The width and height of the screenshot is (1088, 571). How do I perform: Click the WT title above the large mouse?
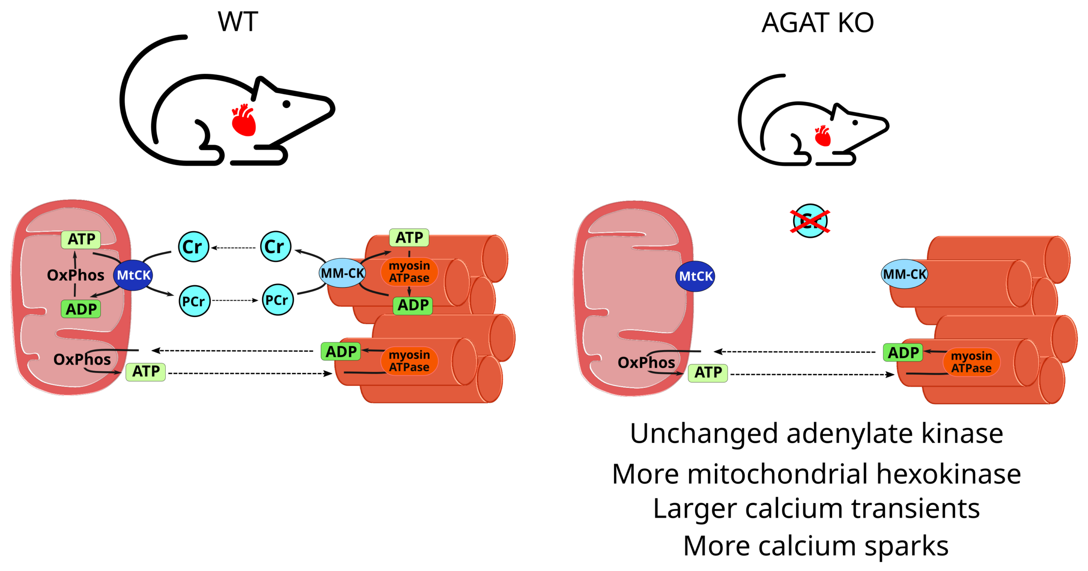pos(238,22)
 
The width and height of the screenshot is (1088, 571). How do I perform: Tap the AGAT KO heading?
pos(817,23)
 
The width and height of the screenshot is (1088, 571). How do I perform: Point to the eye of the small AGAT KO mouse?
pos(855,122)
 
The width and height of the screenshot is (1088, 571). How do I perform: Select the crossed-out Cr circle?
pos(810,221)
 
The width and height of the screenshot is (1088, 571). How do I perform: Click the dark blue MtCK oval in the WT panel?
pos(133,275)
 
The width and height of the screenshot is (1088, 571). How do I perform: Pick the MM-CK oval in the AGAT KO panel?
pos(904,274)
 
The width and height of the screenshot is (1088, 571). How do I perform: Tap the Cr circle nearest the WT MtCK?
pos(193,246)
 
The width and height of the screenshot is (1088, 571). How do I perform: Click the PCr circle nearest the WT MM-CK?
pos(278,300)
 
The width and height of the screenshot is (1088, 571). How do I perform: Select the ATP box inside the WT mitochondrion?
pos(81,239)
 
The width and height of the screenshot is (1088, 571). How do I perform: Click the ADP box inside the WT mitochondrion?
pos(81,309)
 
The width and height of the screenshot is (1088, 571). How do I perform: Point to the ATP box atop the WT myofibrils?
pos(409,237)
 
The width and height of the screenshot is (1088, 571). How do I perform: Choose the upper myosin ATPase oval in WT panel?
pos(409,271)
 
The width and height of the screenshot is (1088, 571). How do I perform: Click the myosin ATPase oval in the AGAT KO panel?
pos(972,362)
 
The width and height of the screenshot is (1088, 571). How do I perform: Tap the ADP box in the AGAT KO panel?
pos(903,353)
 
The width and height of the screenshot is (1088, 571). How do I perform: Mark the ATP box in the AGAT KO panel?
pos(708,373)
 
